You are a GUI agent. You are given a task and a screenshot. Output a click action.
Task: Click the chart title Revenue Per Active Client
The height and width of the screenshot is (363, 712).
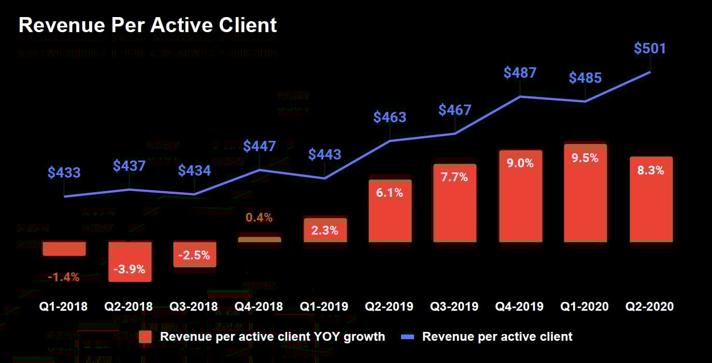pyautogui.click(x=148, y=25)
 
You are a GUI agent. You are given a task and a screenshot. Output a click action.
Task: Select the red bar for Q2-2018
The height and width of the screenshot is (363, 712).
pyautogui.click(x=130, y=262)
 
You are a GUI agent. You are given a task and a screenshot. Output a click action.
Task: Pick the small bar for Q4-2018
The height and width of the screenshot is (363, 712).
pyautogui.click(x=259, y=239)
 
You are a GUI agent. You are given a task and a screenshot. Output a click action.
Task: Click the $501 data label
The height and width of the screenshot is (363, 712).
pyautogui.click(x=650, y=49)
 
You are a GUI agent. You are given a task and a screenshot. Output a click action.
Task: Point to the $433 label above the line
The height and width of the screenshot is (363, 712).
pyautogui.click(x=64, y=172)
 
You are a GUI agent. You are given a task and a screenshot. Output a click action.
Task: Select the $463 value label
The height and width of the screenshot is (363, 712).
pyautogui.click(x=390, y=117)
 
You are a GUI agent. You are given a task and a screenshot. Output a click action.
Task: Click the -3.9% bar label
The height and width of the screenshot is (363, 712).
pyautogui.click(x=130, y=269)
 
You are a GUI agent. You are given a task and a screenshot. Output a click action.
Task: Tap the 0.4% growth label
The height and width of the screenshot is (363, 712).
pyautogui.click(x=259, y=217)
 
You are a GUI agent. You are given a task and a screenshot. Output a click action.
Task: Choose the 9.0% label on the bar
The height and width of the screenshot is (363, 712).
pyautogui.click(x=520, y=163)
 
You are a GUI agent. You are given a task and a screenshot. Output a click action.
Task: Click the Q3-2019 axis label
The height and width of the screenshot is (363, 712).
pyautogui.click(x=454, y=307)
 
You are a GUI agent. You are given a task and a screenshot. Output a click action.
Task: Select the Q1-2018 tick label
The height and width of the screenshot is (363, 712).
pyautogui.click(x=64, y=307)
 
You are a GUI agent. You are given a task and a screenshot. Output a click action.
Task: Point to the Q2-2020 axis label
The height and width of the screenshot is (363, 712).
pyautogui.click(x=650, y=307)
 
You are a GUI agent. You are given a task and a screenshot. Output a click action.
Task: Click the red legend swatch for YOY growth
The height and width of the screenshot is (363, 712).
pyautogui.click(x=146, y=337)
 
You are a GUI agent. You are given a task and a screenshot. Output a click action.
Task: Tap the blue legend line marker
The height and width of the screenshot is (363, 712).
pyautogui.click(x=408, y=337)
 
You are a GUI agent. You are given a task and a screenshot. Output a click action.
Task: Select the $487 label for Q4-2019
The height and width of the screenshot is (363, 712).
pyautogui.click(x=520, y=73)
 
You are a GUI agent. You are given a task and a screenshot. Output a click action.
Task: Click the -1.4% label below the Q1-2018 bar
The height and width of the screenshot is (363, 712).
pyautogui.click(x=64, y=277)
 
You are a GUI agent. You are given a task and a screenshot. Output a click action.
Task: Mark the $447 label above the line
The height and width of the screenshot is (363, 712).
pyautogui.click(x=260, y=146)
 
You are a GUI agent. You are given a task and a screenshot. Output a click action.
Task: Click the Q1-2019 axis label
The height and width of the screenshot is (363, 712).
pyautogui.click(x=324, y=307)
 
